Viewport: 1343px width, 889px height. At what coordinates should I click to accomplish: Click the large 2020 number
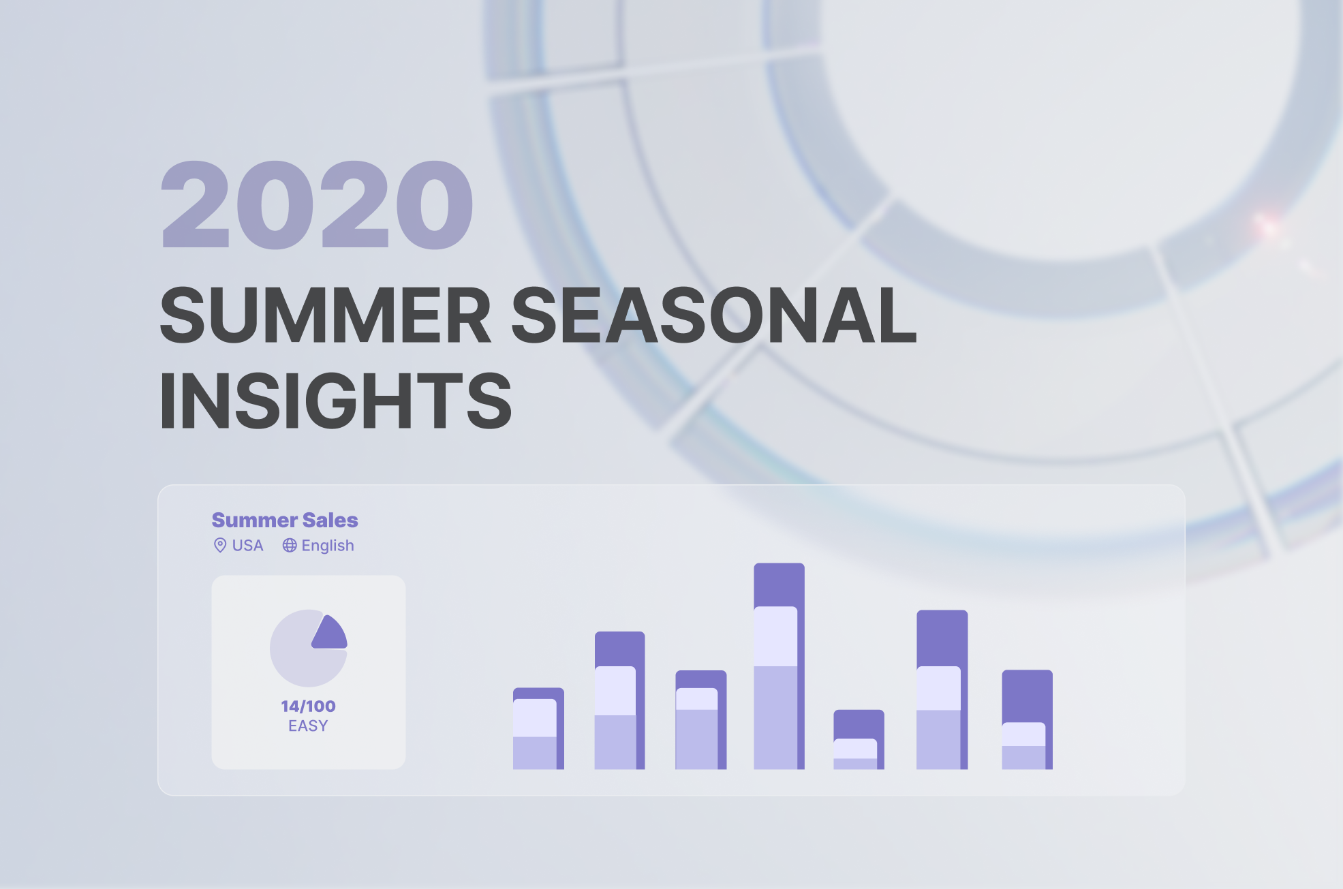(x=317, y=204)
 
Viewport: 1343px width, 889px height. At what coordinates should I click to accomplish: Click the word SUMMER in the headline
(x=326, y=315)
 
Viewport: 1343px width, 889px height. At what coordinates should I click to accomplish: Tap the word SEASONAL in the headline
(x=714, y=315)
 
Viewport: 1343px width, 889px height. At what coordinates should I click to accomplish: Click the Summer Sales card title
(x=285, y=520)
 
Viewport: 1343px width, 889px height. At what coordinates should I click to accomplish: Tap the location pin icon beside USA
(x=220, y=545)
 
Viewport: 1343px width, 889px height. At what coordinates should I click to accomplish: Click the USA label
(x=247, y=546)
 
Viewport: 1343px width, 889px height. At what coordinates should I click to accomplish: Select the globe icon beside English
(x=290, y=546)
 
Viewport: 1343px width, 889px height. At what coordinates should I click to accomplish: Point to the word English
(x=328, y=546)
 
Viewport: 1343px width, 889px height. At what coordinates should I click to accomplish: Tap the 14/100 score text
(x=308, y=706)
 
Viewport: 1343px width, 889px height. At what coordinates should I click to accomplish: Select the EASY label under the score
(x=308, y=726)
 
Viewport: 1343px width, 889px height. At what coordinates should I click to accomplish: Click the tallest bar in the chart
(x=779, y=666)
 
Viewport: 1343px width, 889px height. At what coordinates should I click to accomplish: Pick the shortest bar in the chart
(x=859, y=740)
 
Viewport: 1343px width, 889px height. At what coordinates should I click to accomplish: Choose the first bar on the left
(x=538, y=729)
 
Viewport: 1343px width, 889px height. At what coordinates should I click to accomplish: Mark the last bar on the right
(x=1027, y=720)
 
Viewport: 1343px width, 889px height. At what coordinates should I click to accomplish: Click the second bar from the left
(x=619, y=701)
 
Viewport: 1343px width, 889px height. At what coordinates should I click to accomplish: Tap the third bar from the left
(x=700, y=720)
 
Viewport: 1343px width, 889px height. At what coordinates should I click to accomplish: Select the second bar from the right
(x=942, y=690)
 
